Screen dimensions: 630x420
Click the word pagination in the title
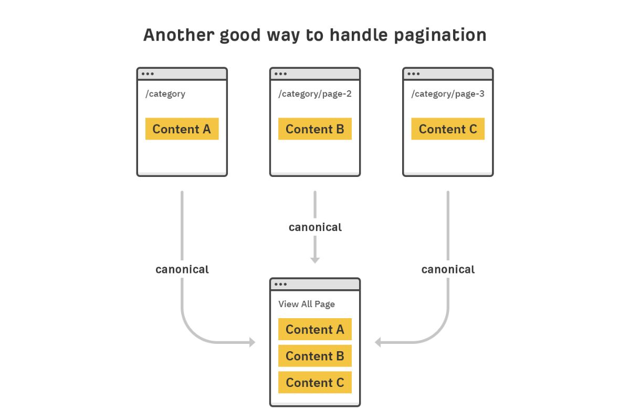click(x=440, y=36)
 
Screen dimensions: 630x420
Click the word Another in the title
click(x=179, y=35)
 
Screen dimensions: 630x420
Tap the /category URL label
click(x=165, y=93)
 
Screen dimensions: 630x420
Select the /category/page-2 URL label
click(x=315, y=93)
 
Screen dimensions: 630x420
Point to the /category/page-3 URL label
click(x=448, y=93)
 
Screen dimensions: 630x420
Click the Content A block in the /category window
click(x=182, y=129)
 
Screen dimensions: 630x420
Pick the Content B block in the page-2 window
click(x=315, y=129)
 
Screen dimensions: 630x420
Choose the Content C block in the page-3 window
click(x=448, y=129)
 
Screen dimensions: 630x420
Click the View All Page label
click(x=307, y=304)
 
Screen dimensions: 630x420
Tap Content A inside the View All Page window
click(x=315, y=329)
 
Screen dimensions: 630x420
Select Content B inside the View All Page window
click(x=315, y=356)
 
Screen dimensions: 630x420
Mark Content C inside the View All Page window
click(x=315, y=382)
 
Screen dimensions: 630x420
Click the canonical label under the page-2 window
click(x=316, y=227)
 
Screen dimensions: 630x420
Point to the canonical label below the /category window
click(x=182, y=269)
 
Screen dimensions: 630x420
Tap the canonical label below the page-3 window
click(x=448, y=269)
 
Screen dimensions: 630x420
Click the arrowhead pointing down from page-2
click(x=315, y=260)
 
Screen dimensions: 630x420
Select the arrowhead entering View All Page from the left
click(x=253, y=342)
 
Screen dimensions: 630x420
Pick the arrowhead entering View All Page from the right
click(x=377, y=342)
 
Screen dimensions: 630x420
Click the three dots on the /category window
click(x=148, y=74)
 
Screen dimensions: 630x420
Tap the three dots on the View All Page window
click(x=281, y=284)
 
